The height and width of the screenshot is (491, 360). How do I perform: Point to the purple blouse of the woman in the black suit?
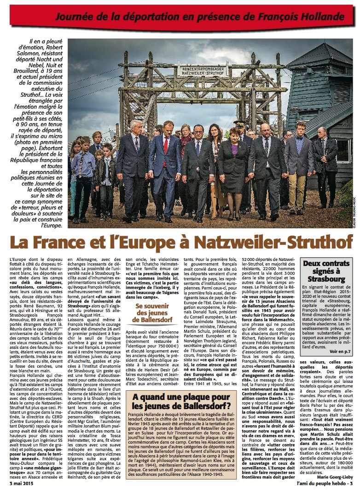pos(235,149)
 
